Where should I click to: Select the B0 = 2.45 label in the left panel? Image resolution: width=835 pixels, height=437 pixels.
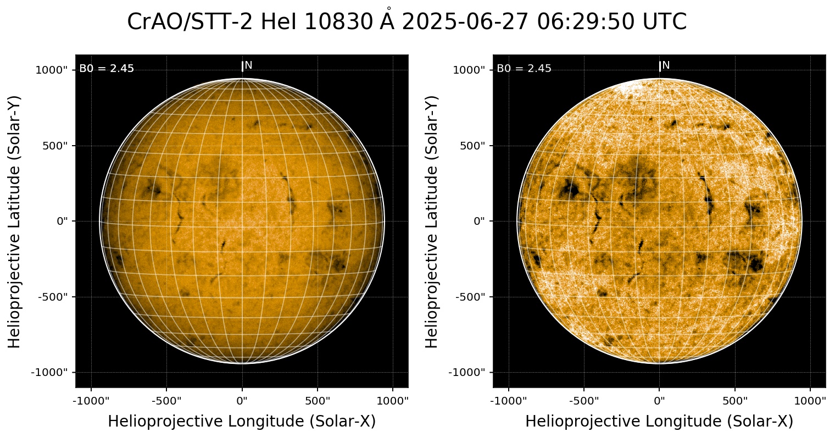coord(107,69)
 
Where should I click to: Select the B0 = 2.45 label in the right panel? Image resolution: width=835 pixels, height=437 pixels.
coord(524,69)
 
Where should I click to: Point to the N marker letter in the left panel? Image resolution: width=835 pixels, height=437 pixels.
coord(248,65)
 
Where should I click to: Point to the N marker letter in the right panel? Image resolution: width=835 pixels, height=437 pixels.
coord(666,65)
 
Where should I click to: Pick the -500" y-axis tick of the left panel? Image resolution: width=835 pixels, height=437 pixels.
coord(53,297)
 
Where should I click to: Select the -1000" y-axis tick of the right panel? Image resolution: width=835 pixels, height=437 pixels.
coord(469,372)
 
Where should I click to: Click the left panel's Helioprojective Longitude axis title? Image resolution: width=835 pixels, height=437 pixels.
coord(242,422)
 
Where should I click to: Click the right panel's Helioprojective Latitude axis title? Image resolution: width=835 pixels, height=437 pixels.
coord(432,221)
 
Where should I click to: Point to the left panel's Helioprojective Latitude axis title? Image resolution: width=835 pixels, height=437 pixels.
coord(15,221)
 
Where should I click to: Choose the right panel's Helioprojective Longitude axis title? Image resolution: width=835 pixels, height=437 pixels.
coord(659,422)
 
